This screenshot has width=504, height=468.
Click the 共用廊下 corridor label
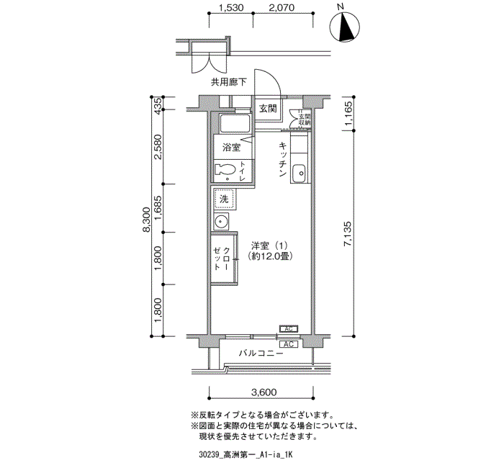[228, 82]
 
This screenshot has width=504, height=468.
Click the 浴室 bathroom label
[231, 148]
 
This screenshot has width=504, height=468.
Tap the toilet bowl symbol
[225, 171]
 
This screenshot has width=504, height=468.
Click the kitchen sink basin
[300, 174]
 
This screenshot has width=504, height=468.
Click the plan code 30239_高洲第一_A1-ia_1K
[245, 454]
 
